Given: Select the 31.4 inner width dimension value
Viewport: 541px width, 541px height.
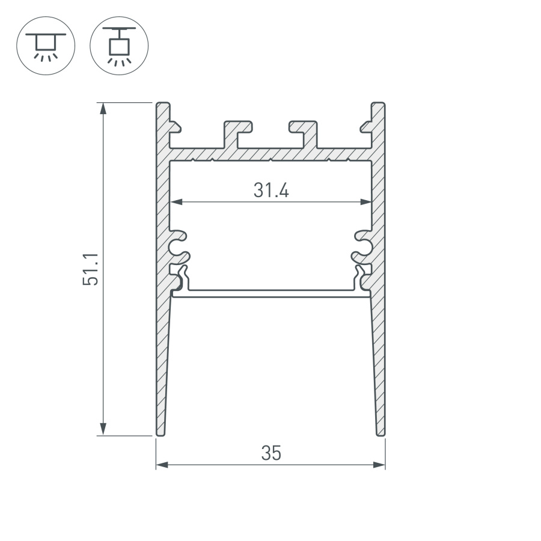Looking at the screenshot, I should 271,191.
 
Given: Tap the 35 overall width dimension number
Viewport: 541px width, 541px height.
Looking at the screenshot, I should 271,453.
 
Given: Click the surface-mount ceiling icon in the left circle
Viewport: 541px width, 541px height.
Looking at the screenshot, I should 46,45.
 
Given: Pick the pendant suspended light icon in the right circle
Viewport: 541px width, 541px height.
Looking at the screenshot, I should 118,45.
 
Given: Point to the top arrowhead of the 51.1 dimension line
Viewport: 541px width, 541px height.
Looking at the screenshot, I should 103,109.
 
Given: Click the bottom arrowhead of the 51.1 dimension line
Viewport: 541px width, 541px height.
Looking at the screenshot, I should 103,429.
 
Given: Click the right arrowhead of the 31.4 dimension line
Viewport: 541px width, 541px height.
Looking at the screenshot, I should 365,203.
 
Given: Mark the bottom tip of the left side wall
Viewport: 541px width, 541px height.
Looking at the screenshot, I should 160,433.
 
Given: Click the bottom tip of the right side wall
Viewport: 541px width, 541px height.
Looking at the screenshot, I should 381,433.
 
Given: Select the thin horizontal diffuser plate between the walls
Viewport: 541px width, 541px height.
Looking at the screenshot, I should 270,295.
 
